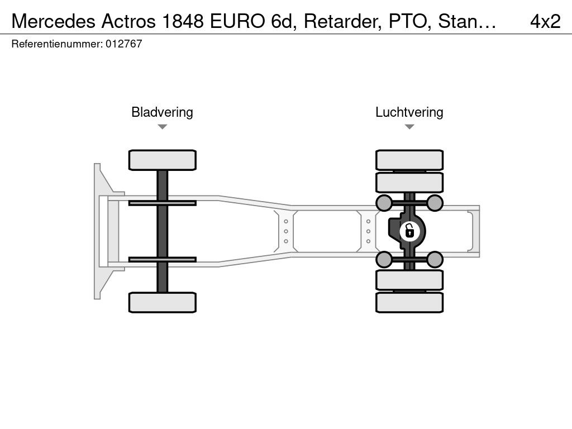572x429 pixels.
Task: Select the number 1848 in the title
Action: pyautogui.click(x=183, y=21)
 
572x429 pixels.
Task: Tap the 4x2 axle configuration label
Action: pyautogui.click(x=545, y=21)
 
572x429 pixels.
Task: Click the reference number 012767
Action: pyautogui.click(x=123, y=44)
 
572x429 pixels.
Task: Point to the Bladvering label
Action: pyautogui.click(x=162, y=112)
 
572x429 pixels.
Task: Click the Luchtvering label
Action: pyautogui.click(x=409, y=112)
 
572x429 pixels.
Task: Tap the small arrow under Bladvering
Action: pyautogui.click(x=163, y=127)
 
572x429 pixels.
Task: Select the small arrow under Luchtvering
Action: pyautogui.click(x=409, y=127)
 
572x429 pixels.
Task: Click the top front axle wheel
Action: pyautogui.click(x=163, y=160)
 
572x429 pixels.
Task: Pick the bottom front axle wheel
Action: pyautogui.click(x=163, y=302)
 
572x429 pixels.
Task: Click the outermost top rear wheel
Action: pyautogui.click(x=409, y=160)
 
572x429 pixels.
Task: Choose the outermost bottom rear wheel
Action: pyautogui.click(x=409, y=302)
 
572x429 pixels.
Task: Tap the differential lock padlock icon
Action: pyautogui.click(x=409, y=231)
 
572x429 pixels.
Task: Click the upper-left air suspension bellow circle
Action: pyautogui.click(x=384, y=203)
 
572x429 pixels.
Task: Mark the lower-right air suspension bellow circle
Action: pyautogui.click(x=435, y=260)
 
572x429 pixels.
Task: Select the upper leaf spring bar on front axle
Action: pyautogui.click(x=163, y=203)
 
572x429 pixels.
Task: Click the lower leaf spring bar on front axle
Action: pyautogui.click(x=163, y=260)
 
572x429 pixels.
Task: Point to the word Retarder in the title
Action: pyautogui.click(x=343, y=21)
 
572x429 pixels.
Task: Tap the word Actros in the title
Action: pyautogui.click(x=129, y=21)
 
